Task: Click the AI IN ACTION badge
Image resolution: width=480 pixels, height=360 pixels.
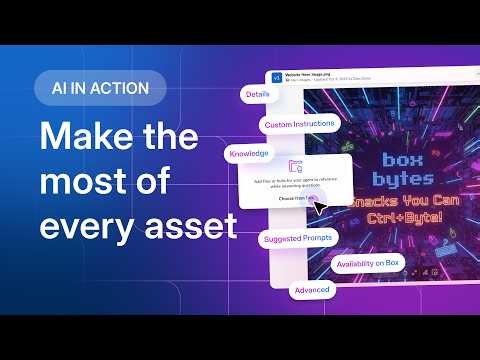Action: (99, 88)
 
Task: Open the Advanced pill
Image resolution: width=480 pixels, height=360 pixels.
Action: (310, 290)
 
